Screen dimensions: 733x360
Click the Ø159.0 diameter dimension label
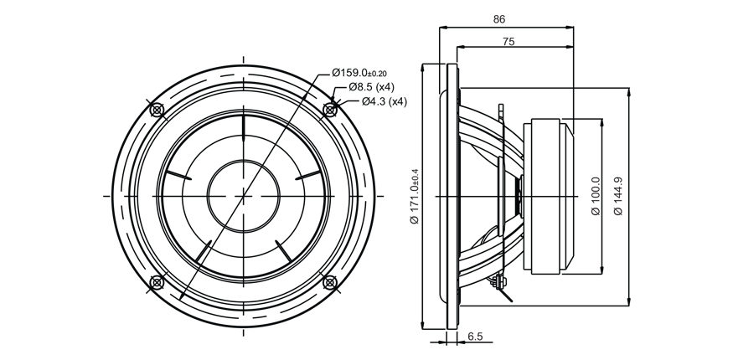[359, 73]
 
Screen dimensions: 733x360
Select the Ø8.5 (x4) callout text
[372, 87]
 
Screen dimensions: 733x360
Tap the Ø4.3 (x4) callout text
[385, 101]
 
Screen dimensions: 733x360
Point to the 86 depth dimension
[499, 19]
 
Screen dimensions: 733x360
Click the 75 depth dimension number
[508, 42]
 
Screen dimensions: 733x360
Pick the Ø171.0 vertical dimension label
[415, 196]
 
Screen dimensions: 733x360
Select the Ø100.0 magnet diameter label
[596, 196]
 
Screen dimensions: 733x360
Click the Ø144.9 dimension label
[618, 196]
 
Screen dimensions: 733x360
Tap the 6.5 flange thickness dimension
[475, 337]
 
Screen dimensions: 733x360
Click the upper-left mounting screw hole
[157, 111]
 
